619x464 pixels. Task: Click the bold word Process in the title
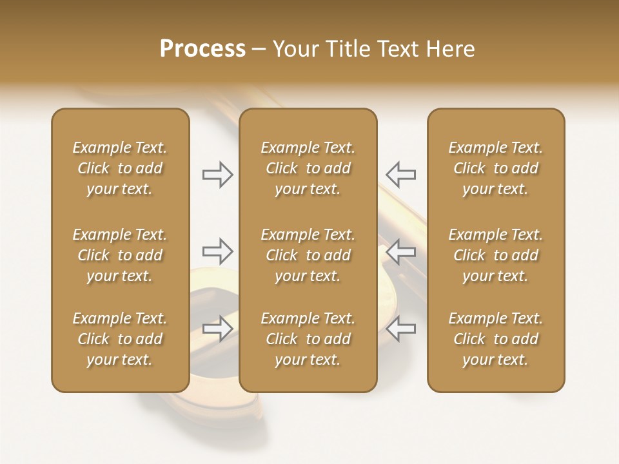tap(202, 49)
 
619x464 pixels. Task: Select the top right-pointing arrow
tap(218, 175)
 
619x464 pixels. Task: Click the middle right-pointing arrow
tap(218, 251)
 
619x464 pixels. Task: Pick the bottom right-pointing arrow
tap(218, 328)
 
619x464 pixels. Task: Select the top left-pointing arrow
tap(400, 175)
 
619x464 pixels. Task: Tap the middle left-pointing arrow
tap(400, 251)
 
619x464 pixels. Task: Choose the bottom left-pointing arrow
tap(400, 328)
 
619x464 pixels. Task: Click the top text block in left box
tap(120, 168)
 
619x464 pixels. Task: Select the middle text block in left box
tap(120, 255)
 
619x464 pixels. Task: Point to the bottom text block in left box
tap(120, 339)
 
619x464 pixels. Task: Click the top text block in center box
tap(308, 168)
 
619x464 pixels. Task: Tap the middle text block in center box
tap(308, 255)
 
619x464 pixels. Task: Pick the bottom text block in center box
tap(308, 339)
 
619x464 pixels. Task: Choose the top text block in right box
tap(496, 168)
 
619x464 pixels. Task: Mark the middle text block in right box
tap(496, 255)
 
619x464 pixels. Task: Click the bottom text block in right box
tap(496, 339)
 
